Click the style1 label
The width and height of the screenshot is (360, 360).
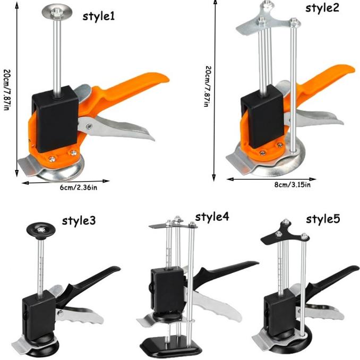pyautogui.click(x=98, y=16)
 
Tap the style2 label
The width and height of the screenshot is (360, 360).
pyautogui.click(x=322, y=8)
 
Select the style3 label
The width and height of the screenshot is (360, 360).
pyautogui.click(x=79, y=221)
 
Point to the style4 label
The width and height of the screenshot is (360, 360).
pyautogui.click(x=212, y=217)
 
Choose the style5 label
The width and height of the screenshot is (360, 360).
pyautogui.click(x=323, y=219)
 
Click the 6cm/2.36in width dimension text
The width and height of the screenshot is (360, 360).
pyautogui.click(x=79, y=187)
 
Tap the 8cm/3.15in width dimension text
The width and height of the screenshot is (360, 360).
pyautogui.click(x=293, y=185)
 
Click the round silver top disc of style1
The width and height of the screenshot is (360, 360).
pyautogui.click(x=57, y=12)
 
